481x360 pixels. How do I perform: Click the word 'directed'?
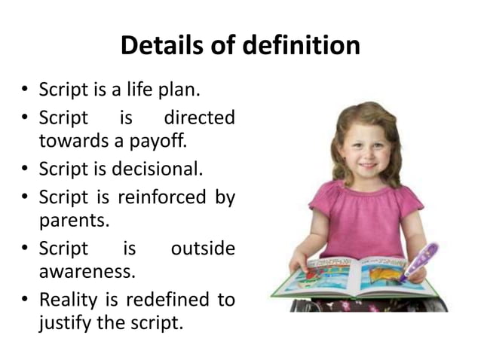199,118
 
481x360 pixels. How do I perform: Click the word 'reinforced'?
161,197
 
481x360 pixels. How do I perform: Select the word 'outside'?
203,249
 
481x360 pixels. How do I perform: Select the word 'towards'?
67,140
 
